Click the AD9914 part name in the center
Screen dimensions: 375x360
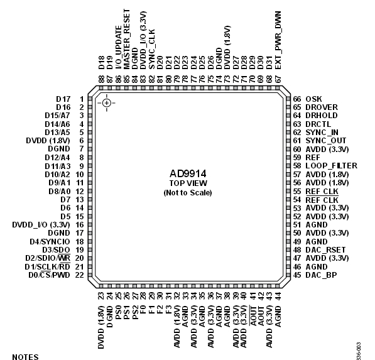click(188, 173)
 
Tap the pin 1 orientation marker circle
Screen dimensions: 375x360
click(107, 103)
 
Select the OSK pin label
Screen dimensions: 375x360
click(314, 99)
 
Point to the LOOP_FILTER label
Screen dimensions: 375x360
click(331, 166)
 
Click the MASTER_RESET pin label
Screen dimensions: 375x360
click(127, 39)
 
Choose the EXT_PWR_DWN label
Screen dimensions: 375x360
click(278, 40)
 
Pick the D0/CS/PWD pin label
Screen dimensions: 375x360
click(49, 275)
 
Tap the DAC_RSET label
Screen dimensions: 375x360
click(325, 250)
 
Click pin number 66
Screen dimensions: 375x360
click(297, 99)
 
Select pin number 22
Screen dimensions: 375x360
click(80, 275)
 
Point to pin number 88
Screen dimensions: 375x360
click(101, 79)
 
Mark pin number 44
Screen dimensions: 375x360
click(278, 296)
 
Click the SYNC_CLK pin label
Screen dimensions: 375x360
click(152, 49)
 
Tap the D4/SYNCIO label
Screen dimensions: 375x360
click(50, 242)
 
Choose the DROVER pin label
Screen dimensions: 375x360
click(322, 107)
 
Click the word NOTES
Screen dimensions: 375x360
click(25, 357)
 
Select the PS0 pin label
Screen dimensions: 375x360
click(118, 312)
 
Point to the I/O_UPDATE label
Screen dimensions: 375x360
click(119, 48)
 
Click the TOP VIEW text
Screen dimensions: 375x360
click(188, 183)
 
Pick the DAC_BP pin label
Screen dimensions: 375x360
click(321, 275)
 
